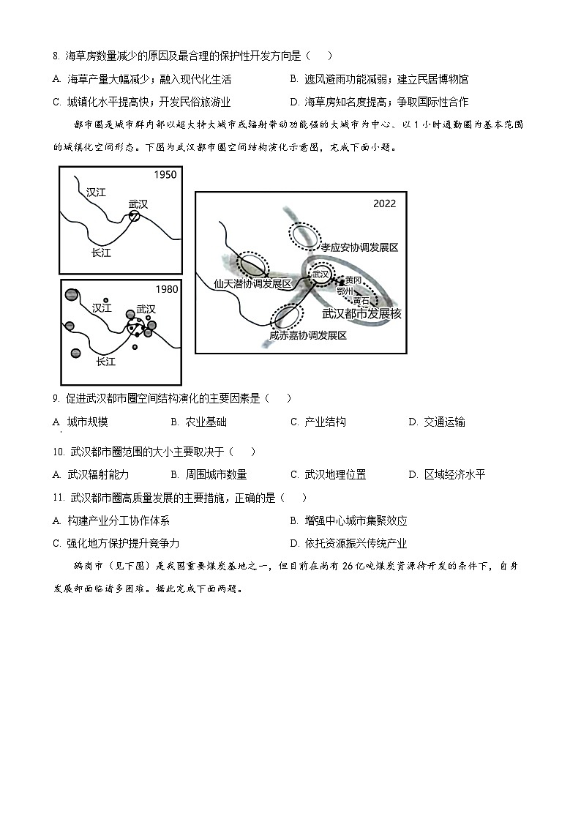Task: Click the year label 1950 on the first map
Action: point(165,176)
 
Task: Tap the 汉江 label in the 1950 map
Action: point(96,193)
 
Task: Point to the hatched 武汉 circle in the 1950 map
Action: point(135,217)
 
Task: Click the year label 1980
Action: point(166,289)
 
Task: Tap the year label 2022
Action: point(384,203)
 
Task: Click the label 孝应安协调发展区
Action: point(359,248)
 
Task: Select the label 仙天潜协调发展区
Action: point(252,283)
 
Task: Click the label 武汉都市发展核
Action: point(362,313)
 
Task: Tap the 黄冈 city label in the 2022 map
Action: point(353,280)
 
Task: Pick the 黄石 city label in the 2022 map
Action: point(361,300)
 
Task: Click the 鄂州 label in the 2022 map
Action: point(345,291)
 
